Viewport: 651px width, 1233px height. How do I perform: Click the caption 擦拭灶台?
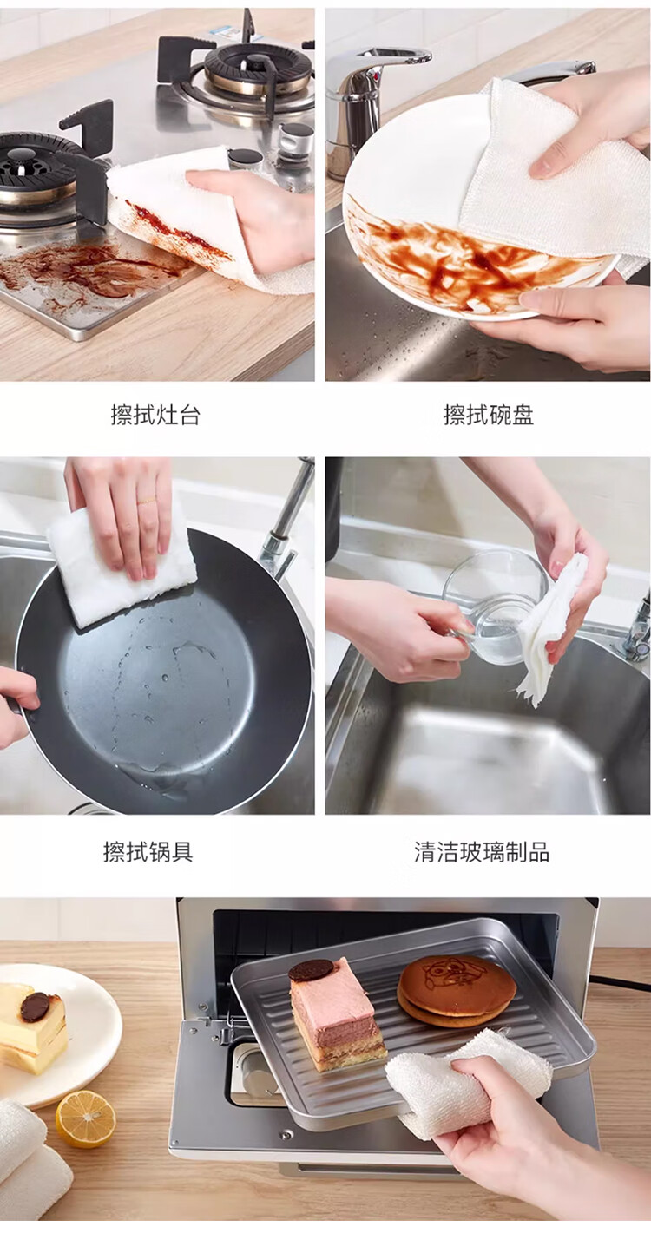pos(155,415)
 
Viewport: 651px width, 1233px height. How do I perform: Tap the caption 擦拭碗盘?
pos(489,415)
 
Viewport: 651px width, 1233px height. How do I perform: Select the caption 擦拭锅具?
pos(148,851)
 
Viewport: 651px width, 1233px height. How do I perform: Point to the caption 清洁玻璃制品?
pos(482,851)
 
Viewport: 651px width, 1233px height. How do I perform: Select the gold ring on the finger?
pos(146,501)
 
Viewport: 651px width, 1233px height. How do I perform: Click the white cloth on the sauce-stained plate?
pos(545,176)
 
